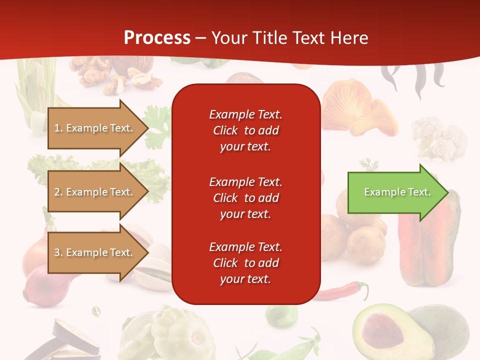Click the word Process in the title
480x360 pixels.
pyautogui.click(x=157, y=38)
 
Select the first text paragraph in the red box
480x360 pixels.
pyautogui.click(x=245, y=130)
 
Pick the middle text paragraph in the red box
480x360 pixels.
pyautogui.click(x=245, y=198)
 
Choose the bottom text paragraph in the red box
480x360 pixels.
pyautogui.click(x=245, y=263)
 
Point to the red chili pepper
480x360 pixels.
pyautogui.click(x=345, y=291)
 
